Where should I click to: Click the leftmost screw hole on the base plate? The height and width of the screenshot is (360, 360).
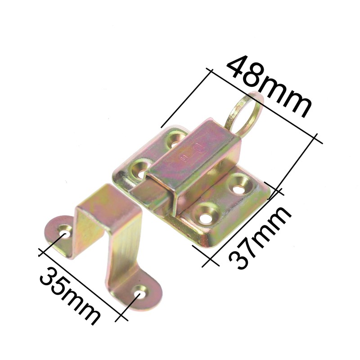coord(142,170)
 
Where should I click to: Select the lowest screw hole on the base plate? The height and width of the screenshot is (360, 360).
coord(206,214)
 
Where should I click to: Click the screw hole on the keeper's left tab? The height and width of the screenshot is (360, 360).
coord(65,233)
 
